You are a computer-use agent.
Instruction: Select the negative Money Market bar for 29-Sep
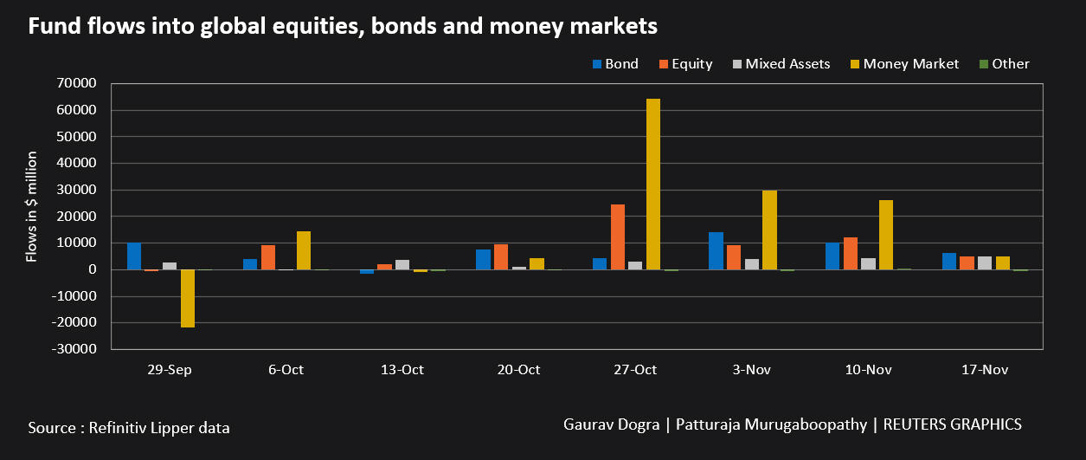click(x=188, y=298)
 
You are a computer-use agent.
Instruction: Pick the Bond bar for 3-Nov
click(x=716, y=250)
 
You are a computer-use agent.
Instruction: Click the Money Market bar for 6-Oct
click(x=304, y=250)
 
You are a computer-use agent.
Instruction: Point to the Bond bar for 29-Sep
click(x=134, y=256)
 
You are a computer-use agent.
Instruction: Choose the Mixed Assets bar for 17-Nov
click(x=985, y=262)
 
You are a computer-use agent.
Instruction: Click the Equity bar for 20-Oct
click(x=501, y=256)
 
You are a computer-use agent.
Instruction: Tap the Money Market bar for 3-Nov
click(x=769, y=230)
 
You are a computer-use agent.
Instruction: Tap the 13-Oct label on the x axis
click(x=402, y=369)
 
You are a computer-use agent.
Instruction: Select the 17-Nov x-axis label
click(x=985, y=369)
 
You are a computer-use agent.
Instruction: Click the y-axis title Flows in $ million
click(x=31, y=206)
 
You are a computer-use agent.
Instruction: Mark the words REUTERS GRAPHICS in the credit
click(x=954, y=424)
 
